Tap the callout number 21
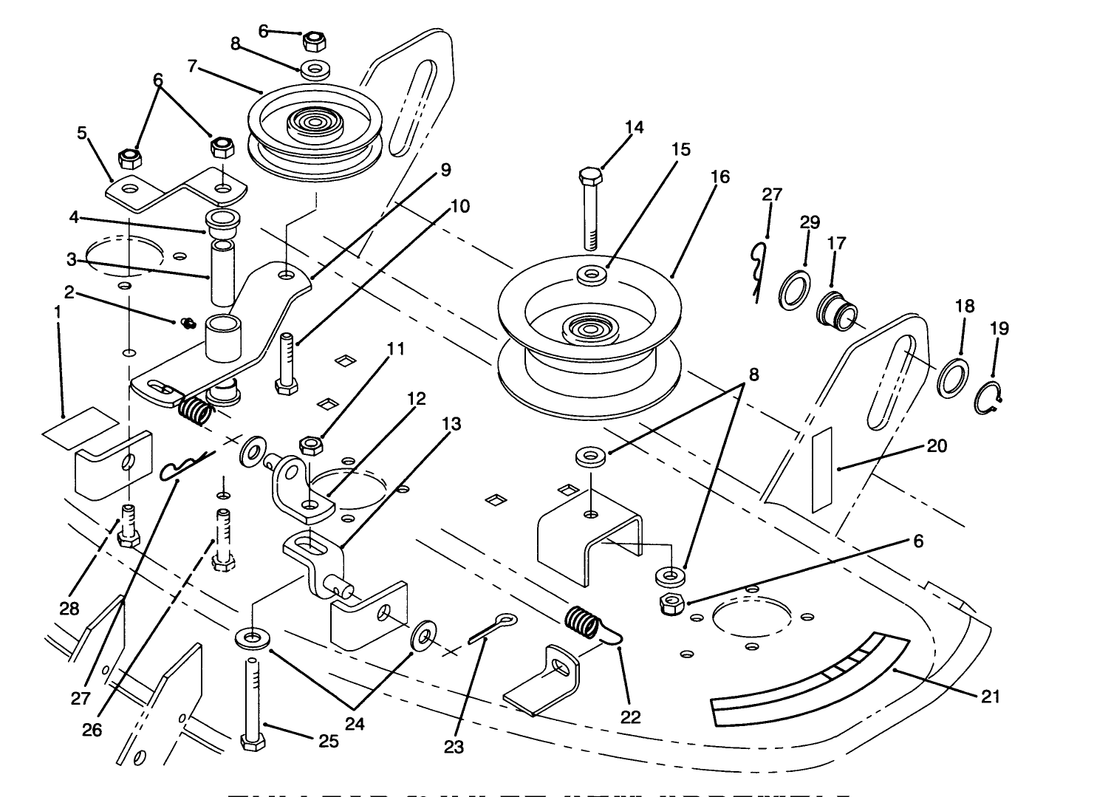990,695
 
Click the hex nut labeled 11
311,444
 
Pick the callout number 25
329,741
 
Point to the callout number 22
630,716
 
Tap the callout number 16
720,177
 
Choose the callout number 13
452,424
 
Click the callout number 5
82,133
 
